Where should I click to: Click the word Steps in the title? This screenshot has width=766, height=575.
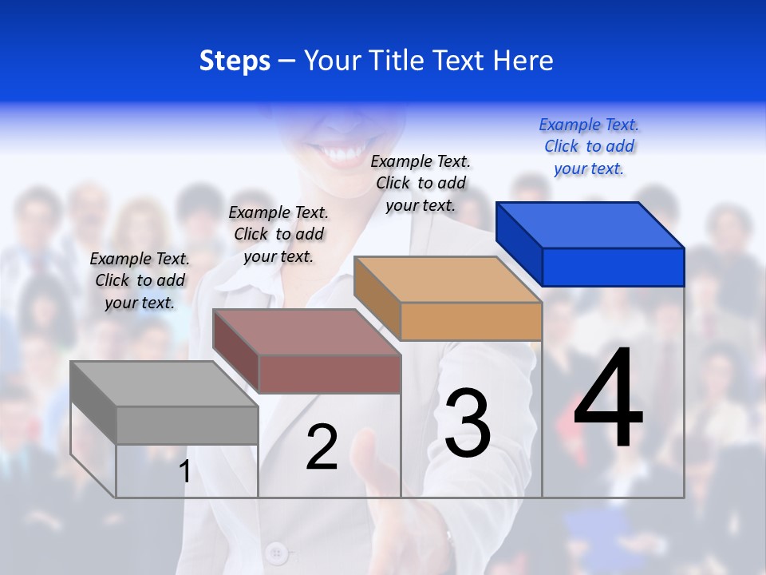click(235, 61)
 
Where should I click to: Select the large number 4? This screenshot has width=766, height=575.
click(608, 399)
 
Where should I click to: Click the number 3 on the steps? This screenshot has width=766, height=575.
click(468, 422)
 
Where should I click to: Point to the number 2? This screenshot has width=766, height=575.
click(322, 447)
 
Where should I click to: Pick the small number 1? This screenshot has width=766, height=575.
click(185, 471)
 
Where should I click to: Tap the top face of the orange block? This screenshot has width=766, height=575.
click(448, 280)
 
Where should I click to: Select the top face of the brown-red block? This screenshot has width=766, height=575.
click(306, 332)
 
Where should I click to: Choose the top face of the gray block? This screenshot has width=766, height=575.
click(164, 384)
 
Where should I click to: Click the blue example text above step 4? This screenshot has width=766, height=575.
click(589, 147)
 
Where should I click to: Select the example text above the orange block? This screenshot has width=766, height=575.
click(421, 184)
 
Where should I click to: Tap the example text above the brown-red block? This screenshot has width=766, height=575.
click(278, 234)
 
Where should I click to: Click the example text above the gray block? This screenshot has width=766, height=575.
click(140, 280)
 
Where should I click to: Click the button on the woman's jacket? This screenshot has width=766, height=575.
click(277, 552)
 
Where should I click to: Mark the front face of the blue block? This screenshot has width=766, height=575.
click(613, 267)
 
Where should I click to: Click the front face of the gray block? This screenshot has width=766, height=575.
click(187, 425)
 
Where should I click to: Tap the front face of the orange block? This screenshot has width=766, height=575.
click(471, 321)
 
